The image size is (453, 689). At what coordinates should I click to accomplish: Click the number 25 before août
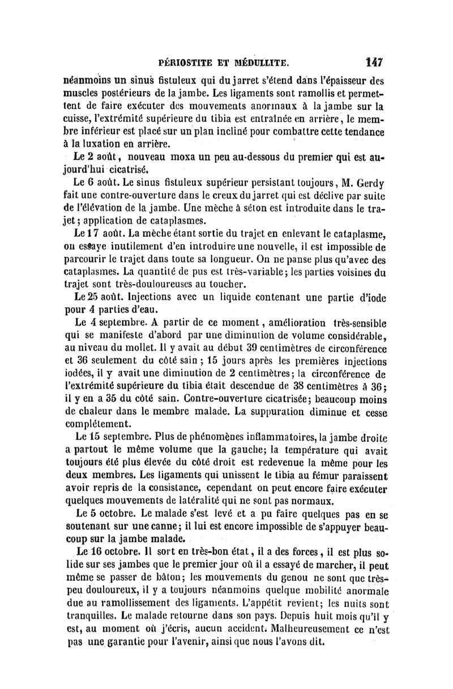coord(86,297)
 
